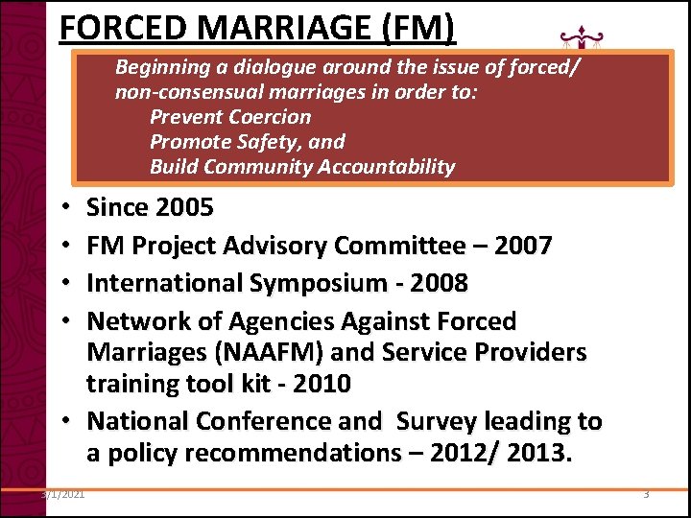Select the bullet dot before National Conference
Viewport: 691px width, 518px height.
(71, 422)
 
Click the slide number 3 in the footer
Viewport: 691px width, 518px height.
(646, 495)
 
